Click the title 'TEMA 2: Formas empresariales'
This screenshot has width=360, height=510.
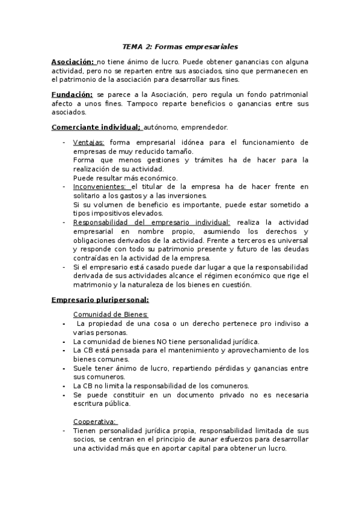(x=180, y=46)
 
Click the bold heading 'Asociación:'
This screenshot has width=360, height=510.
(x=73, y=62)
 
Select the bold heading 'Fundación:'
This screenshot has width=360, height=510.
(x=72, y=94)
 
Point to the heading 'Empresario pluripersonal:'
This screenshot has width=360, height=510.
(x=100, y=299)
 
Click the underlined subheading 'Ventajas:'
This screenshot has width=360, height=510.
(x=88, y=143)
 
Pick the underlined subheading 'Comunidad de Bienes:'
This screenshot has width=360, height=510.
(x=111, y=315)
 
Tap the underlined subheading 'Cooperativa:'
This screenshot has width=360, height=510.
(x=95, y=421)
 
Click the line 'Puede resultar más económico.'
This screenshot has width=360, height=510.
(x=125, y=178)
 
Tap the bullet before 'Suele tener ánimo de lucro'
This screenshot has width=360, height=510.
(x=64, y=367)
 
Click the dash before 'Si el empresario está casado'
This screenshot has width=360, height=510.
(x=64, y=266)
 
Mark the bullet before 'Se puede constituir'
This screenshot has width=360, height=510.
(x=64, y=395)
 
